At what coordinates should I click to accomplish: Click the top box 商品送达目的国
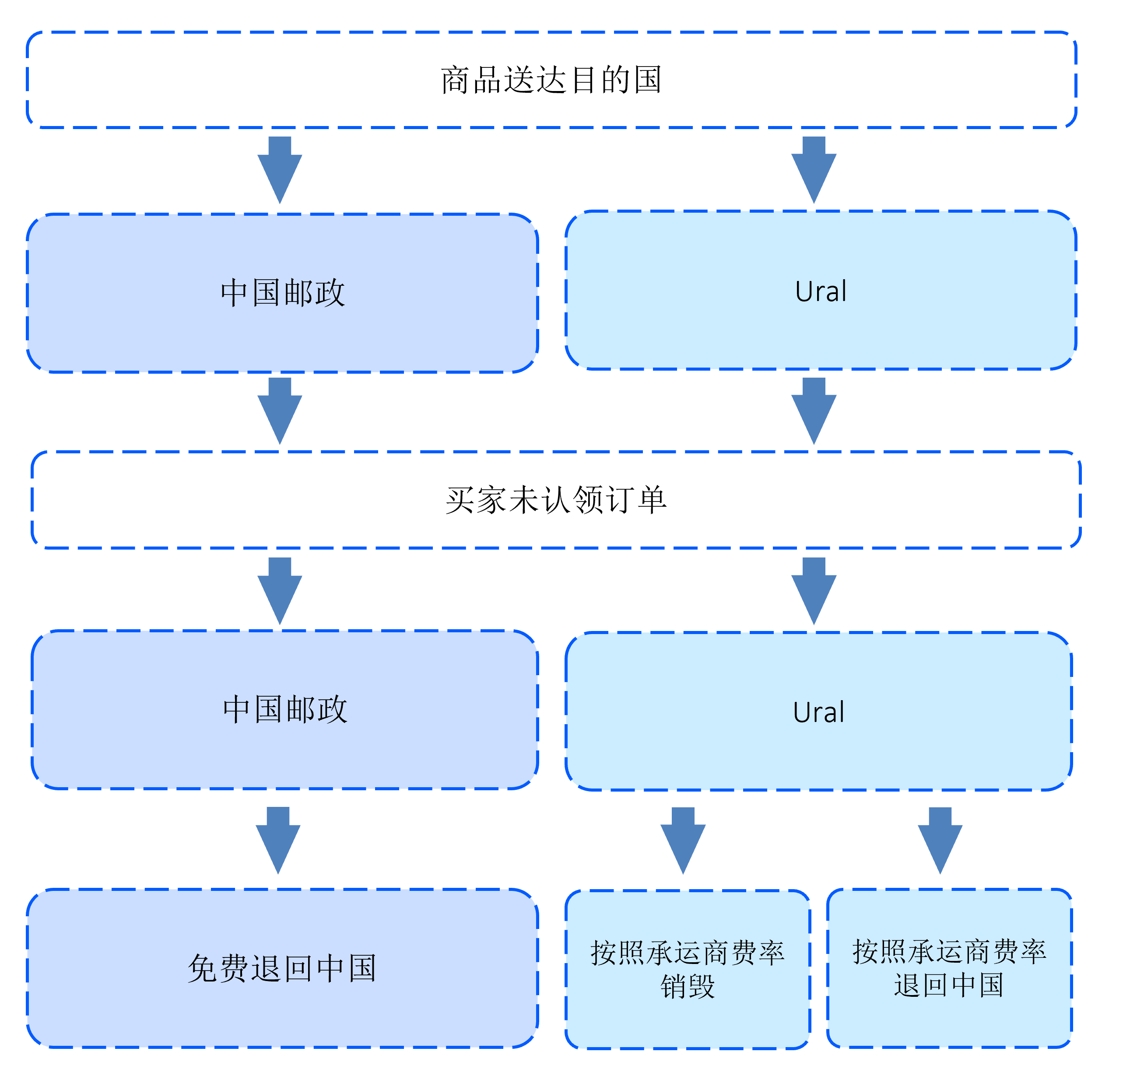[551, 80]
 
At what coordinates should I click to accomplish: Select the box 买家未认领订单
[556, 500]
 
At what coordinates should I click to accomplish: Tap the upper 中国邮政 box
[283, 293]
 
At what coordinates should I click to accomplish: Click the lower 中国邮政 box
[285, 709]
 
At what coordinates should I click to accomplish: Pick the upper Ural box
[821, 290]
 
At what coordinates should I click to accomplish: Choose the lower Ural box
[818, 711]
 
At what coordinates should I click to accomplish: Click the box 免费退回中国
[282, 968]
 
